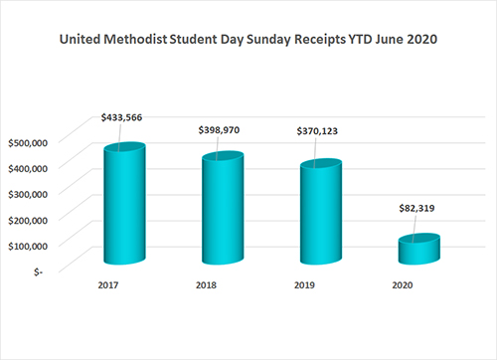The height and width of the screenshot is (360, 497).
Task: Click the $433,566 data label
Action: point(120,117)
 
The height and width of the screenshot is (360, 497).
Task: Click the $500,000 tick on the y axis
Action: point(30,141)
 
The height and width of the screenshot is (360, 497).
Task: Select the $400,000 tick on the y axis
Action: point(30,167)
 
